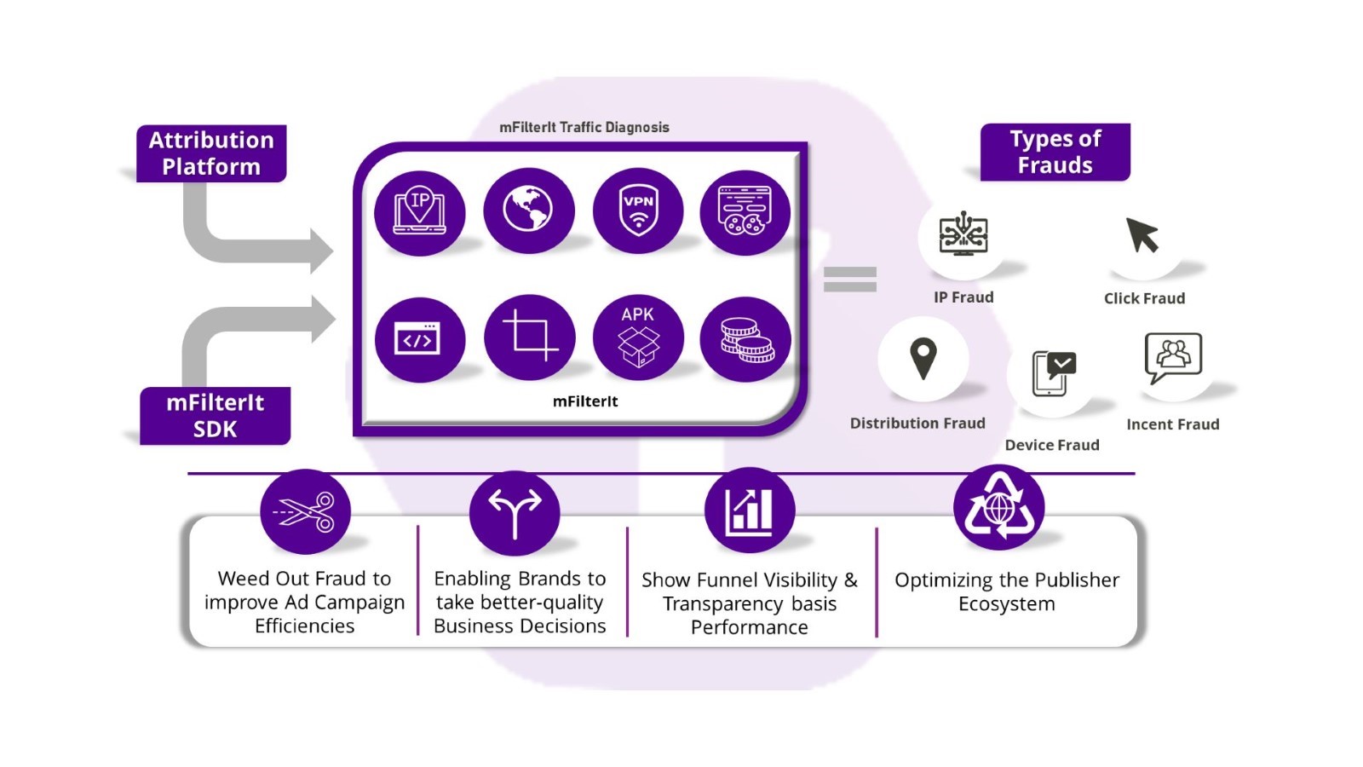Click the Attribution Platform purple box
[x=211, y=153]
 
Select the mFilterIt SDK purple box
[x=215, y=415]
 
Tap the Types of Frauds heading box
[x=1055, y=152]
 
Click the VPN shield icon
[x=638, y=210]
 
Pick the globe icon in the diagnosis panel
[x=528, y=210]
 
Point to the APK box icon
[x=638, y=338]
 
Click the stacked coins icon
[x=745, y=339]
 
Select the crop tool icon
[x=529, y=337]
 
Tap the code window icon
[x=418, y=339]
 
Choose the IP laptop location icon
[x=419, y=211]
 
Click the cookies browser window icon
[x=745, y=210]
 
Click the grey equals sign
[x=849, y=280]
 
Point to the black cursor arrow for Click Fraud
[x=1142, y=235]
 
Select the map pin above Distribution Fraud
[x=923, y=359]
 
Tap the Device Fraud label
[x=1052, y=445]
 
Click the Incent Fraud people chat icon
[x=1173, y=358]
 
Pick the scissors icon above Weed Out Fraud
[x=306, y=512]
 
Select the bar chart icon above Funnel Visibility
[x=750, y=511]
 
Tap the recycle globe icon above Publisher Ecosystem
[x=999, y=508]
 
